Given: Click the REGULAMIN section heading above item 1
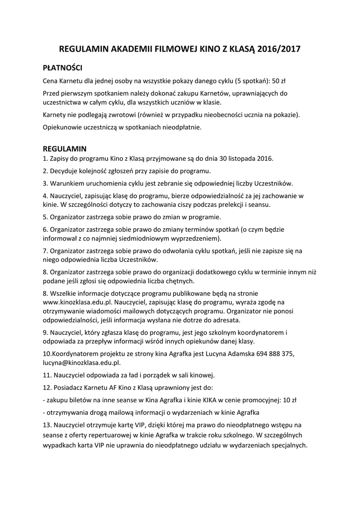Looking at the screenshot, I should click(x=65, y=148).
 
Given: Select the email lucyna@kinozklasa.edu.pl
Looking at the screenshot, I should click(x=82, y=363).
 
